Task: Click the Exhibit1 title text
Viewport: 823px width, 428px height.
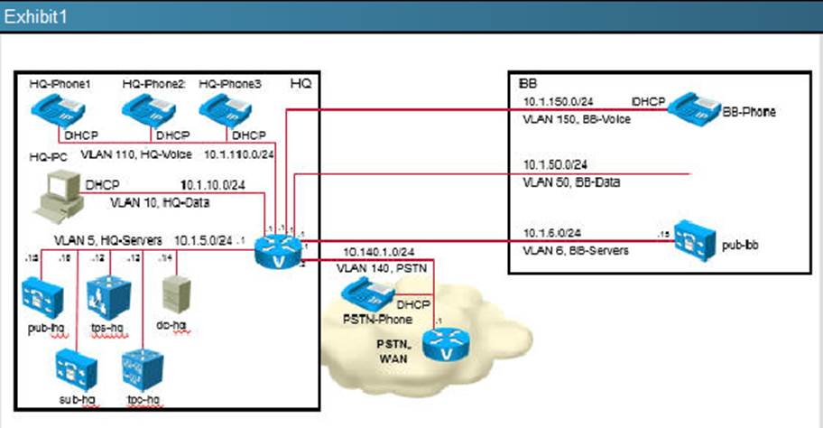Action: tap(36, 16)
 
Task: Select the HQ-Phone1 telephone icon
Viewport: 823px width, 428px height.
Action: tap(60, 113)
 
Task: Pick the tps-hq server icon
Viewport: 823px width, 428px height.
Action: tap(106, 296)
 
